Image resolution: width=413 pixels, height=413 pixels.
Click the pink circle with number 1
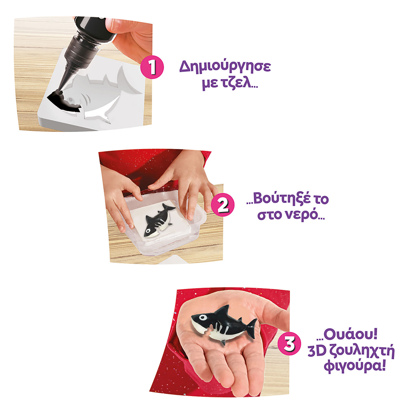click(152, 67)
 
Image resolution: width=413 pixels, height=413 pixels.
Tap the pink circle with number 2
click(222, 204)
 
